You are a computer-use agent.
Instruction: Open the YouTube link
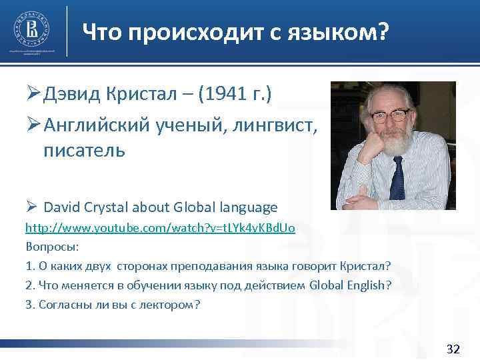coord(160,228)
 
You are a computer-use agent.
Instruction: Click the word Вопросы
coord(52,247)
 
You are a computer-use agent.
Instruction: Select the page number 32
coord(453,349)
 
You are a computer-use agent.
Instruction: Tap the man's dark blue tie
coord(398,176)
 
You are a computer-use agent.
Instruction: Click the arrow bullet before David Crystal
coord(32,207)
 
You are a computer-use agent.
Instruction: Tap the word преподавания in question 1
coord(206,266)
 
